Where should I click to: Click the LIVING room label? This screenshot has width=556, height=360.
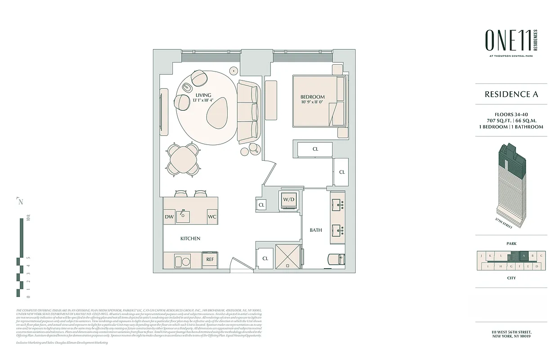[202, 94]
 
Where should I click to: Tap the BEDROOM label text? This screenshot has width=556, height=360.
[313, 97]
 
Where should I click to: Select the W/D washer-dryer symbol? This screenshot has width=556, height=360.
[288, 200]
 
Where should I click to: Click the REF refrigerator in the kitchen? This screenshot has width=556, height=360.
[210, 260]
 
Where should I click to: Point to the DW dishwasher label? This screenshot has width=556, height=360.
[170, 216]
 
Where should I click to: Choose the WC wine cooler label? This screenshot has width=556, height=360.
[212, 216]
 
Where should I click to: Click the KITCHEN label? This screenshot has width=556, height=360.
[190, 238]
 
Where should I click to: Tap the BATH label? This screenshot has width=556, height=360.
[316, 230]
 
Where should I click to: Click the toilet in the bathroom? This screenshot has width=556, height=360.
[336, 259]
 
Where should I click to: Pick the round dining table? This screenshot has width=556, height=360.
[183, 158]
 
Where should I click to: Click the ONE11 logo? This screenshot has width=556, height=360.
[507, 40]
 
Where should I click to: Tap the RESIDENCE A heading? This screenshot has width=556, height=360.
[511, 94]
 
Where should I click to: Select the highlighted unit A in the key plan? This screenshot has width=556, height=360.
[524, 256]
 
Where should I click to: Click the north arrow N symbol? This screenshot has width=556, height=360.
[20, 201]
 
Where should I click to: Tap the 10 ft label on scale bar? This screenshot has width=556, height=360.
[28, 219]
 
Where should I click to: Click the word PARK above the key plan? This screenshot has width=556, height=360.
[511, 243]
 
